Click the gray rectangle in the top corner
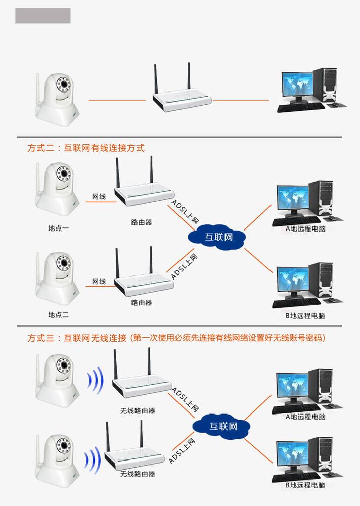point(42,16)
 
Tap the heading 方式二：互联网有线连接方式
point(86,148)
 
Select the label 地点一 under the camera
point(59,228)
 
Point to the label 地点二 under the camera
point(59,314)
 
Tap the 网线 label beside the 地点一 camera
point(99,196)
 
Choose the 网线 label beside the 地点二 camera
point(99,281)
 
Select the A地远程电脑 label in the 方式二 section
point(305,229)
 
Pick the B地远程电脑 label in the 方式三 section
point(305,485)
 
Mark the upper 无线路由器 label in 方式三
point(138,411)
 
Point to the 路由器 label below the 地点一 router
point(142,222)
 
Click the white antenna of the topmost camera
point(38,91)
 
